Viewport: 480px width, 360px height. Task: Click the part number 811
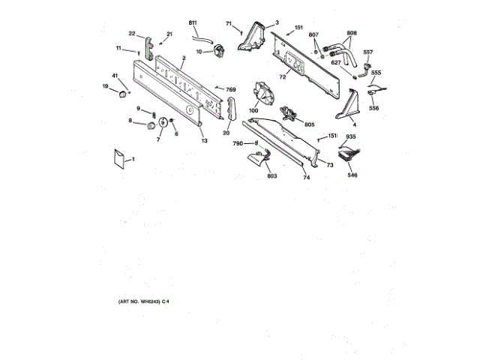click(x=192, y=25)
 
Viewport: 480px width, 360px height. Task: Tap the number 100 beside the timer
click(x=253, y=111)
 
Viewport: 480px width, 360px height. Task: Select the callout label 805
click(x=309, y=124)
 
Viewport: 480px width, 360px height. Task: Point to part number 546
click(x=352, y=175)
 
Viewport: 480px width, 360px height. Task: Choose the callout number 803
click(x=272, y=177)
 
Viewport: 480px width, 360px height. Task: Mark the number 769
click(x=231, y=90)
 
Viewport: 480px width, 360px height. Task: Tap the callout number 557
click(x=368, y=52)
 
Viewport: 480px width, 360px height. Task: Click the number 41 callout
click(x=115, y=76)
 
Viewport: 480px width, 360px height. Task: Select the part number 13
click(x=204, y=140)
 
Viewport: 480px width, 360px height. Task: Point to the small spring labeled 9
click(x=154, y=114)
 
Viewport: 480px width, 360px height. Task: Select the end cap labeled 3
click(x=252, y=39)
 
